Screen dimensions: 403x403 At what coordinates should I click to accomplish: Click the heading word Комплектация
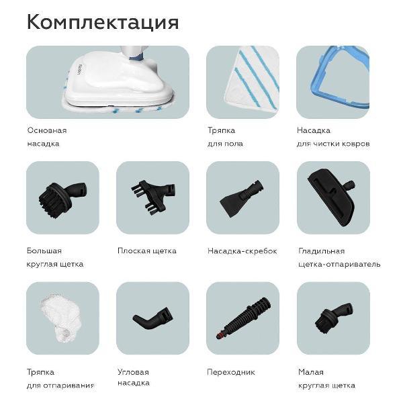[103, 22]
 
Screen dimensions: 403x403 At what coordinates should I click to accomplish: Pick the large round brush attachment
[62, 199]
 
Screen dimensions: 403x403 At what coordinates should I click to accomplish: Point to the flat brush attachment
[153, 197]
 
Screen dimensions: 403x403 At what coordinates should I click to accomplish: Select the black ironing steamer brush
[332, 197]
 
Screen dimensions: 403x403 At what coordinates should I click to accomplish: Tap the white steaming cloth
[62, 318]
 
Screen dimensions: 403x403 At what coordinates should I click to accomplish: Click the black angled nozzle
[152, 318]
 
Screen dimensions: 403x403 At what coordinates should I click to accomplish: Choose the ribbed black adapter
[243, 318]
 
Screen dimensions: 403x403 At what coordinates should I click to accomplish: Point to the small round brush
[334, 318]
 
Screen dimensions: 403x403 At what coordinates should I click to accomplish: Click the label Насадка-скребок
[242, 251]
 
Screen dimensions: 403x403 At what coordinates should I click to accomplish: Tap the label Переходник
[231, 372]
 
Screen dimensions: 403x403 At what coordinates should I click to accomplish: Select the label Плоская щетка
[146, 251]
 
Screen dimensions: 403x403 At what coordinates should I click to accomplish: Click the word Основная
[47, 130]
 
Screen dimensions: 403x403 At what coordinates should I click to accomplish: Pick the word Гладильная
[321, 251]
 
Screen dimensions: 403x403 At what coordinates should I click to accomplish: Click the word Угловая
[133, 372]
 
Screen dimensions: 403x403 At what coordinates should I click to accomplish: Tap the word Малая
[311, 372]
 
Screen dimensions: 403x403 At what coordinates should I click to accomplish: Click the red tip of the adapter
[219, 335]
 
